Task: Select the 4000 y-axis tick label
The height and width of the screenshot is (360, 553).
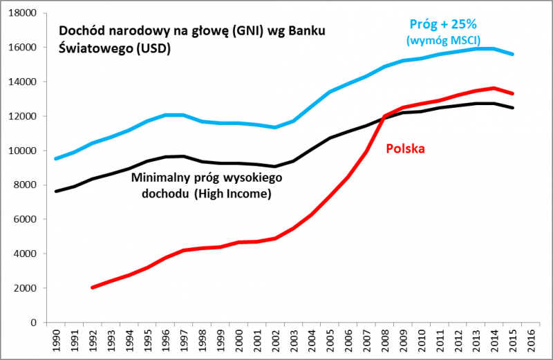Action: (24, 254)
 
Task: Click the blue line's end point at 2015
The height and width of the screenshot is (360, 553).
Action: (512, 54)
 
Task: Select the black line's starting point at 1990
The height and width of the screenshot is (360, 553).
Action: (56, 191)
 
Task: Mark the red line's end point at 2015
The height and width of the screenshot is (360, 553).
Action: (512, 93)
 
